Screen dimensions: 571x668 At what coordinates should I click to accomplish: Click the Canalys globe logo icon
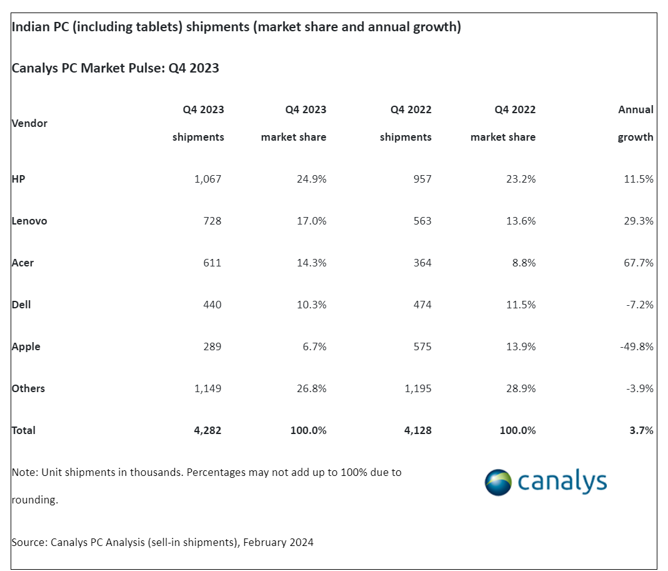tap(499, 482)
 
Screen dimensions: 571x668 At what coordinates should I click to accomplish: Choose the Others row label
tap(28, 388)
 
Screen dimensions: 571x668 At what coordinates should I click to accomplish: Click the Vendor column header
tap(29, 123)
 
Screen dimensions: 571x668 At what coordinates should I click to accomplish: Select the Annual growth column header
tap(636, 123)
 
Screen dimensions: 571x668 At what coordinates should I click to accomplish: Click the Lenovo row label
tap(29, 221)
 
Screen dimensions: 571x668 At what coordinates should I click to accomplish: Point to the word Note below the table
tap(23, 472)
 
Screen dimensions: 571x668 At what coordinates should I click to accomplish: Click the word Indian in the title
tap(28, 28)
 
